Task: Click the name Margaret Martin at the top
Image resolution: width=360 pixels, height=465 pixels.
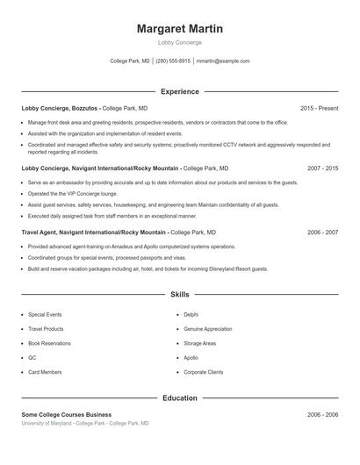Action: click(x=179, y=29)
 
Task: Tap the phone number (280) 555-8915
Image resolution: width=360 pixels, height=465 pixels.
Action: click(x=173, y=61)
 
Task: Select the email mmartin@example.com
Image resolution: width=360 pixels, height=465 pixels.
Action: click(x=223, y=61)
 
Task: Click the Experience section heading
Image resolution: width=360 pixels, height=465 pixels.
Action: click(x=179, y=91)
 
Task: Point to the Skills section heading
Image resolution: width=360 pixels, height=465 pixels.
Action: click(x=179, y=295)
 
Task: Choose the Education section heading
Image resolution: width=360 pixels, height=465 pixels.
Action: click(x=179, y=398)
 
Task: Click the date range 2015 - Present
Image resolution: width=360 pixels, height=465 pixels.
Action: click(x=319, y=108)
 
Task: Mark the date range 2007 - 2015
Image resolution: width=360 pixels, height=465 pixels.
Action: click(x=322, y=167)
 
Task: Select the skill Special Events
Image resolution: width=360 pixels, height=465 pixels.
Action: click(x=45, y=314)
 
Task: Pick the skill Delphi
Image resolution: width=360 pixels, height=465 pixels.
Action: click(x=191, y=314)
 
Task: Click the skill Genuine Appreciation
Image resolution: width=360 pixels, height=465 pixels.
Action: click(x=207, y=329)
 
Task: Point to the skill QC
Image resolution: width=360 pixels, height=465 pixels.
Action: click(x=32, y=358)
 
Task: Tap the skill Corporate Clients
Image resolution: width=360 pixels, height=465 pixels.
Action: click(x=203, y=372)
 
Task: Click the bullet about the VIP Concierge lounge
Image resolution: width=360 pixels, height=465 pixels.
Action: click(x=71, y=193)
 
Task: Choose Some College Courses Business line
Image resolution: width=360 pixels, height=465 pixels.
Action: click(x=66, y=414)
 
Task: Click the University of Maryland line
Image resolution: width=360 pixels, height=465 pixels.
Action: click(x=85, y=423)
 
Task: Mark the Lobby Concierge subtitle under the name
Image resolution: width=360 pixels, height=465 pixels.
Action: click(x=179, y=42)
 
